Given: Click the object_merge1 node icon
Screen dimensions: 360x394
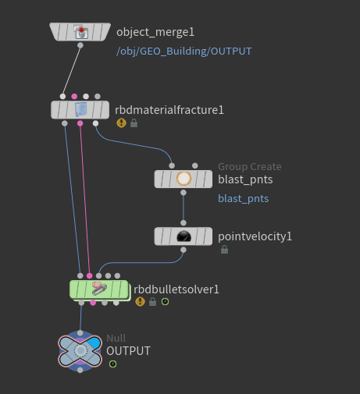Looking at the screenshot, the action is coord(80,32).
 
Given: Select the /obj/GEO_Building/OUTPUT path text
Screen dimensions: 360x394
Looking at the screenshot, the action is coord(184,51).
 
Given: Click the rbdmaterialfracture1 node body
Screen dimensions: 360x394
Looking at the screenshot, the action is coord(80,110).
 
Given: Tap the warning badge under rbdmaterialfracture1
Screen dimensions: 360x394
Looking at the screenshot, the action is coord(121,122).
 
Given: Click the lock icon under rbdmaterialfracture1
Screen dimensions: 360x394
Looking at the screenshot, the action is coord(134,123).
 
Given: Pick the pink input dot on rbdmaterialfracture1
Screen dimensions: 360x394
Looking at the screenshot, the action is coord(74,97).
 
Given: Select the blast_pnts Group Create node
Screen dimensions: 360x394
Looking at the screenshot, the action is coord(184,179).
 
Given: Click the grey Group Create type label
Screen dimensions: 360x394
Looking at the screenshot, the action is coord(250,166).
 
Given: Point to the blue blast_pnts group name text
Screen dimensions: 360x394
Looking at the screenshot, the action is coord(243,199).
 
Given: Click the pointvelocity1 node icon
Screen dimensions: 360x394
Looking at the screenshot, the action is coord(184,236).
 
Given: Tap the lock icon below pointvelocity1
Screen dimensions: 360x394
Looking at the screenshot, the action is coord(224,250).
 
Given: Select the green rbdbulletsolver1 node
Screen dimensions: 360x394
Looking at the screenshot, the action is coord(99,289).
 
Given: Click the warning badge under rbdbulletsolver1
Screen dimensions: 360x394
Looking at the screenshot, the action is coord(140,302).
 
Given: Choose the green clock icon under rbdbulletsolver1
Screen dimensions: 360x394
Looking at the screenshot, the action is coord(165,302).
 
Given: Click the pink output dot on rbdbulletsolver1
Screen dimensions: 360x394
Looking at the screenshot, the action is coord(93,303).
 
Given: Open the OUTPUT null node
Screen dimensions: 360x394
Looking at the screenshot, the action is coord(80,351).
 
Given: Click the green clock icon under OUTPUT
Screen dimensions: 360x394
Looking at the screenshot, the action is coord(112,364).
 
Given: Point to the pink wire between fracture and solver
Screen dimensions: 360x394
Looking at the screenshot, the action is coord(85,200).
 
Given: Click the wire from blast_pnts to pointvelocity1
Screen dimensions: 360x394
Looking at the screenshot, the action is coord(184,208).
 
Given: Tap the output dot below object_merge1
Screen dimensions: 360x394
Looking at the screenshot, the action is coord(80,45).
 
